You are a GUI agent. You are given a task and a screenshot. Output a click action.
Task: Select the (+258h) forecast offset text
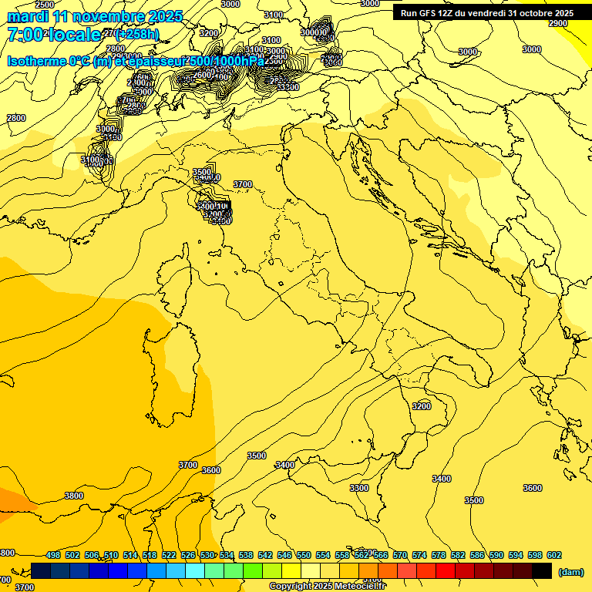[x=136, y=34]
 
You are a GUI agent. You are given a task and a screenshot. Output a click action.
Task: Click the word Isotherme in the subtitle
[x=37, y=61]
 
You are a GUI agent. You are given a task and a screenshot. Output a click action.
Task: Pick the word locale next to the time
[x=73, y=35]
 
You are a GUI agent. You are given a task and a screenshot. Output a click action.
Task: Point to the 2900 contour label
[x=558, y=23]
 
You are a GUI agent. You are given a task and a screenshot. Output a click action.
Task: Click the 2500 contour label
[x=45, y=5]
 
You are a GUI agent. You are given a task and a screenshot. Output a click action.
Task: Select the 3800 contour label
[x=74, y=496]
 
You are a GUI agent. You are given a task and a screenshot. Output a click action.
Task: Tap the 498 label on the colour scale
[x=53, y=555]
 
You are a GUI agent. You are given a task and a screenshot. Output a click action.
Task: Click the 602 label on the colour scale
[x=553, y=555]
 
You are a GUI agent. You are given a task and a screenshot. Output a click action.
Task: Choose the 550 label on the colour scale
[x=304, y=555]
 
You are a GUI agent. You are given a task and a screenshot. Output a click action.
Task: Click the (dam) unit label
[x=570, y=572]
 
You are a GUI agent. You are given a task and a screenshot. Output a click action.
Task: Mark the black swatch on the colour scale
[x=542, y=570]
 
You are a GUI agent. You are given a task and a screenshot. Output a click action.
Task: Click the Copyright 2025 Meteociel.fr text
[x=332, y=587]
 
